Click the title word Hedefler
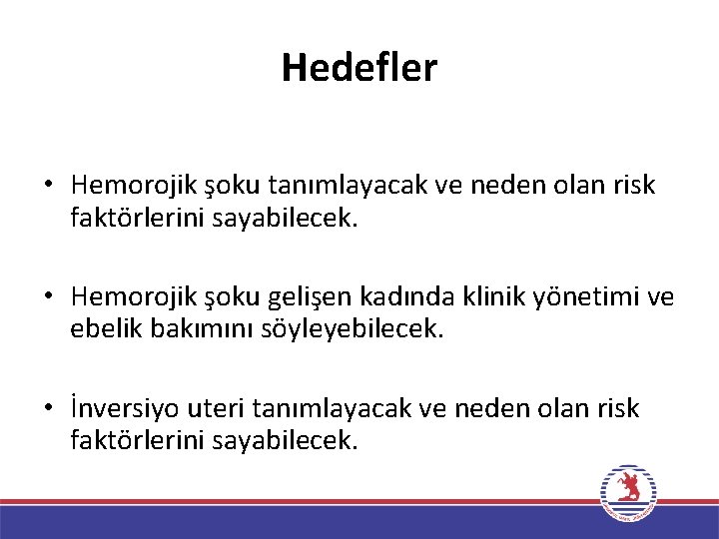coord(359,68)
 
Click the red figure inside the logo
coord(628,488)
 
